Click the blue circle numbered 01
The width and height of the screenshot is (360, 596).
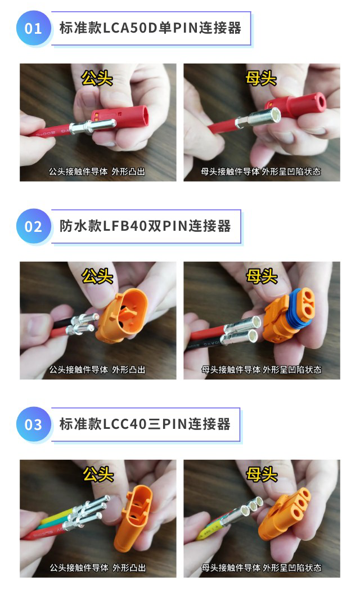click(33, 28)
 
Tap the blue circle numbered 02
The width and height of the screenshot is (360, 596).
click(33, 226)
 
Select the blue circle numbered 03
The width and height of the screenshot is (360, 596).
click(33, 424)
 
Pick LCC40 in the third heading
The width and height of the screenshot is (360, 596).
click(124, 424)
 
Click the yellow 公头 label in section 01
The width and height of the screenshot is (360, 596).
click(97, 78)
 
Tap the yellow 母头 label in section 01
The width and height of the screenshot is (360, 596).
click(261, 78)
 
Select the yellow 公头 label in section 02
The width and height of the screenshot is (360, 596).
click(98, 276)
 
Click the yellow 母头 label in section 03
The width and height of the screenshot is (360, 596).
click(261, 474)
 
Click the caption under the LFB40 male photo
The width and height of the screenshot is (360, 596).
click(97, 369)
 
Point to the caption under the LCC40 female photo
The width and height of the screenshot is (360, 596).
click(261, 567)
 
